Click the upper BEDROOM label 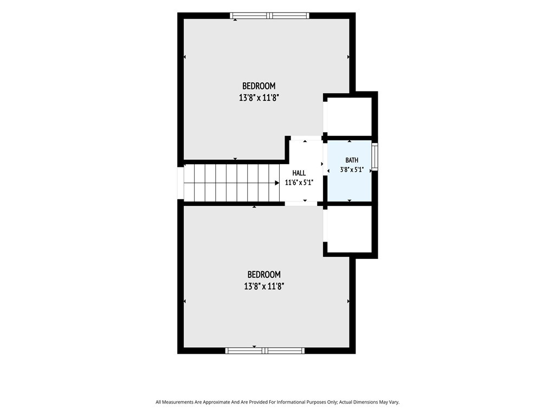click(x=259, y=86)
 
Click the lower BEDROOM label click(x=264, y=275)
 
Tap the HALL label click(x=299, y=173)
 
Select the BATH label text click(x=352, y=160)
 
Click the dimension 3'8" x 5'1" click(x=352, y=170)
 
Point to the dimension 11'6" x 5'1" click(x=299, y=183)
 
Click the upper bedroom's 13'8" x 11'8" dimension click(x=259, y=98)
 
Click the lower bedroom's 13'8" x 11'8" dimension click(x=264, y=286)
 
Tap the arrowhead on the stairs click(x=277, y=183)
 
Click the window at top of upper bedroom click(x=269, y=16)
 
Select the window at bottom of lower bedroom click(x=264, y=350)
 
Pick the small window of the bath click(x=375, y=157)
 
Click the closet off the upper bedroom click(x=349, y=116)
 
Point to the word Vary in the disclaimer click(x=394, y=402)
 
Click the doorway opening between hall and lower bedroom click(x=301, y=204)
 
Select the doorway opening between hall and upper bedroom click(x=306, y=138)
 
